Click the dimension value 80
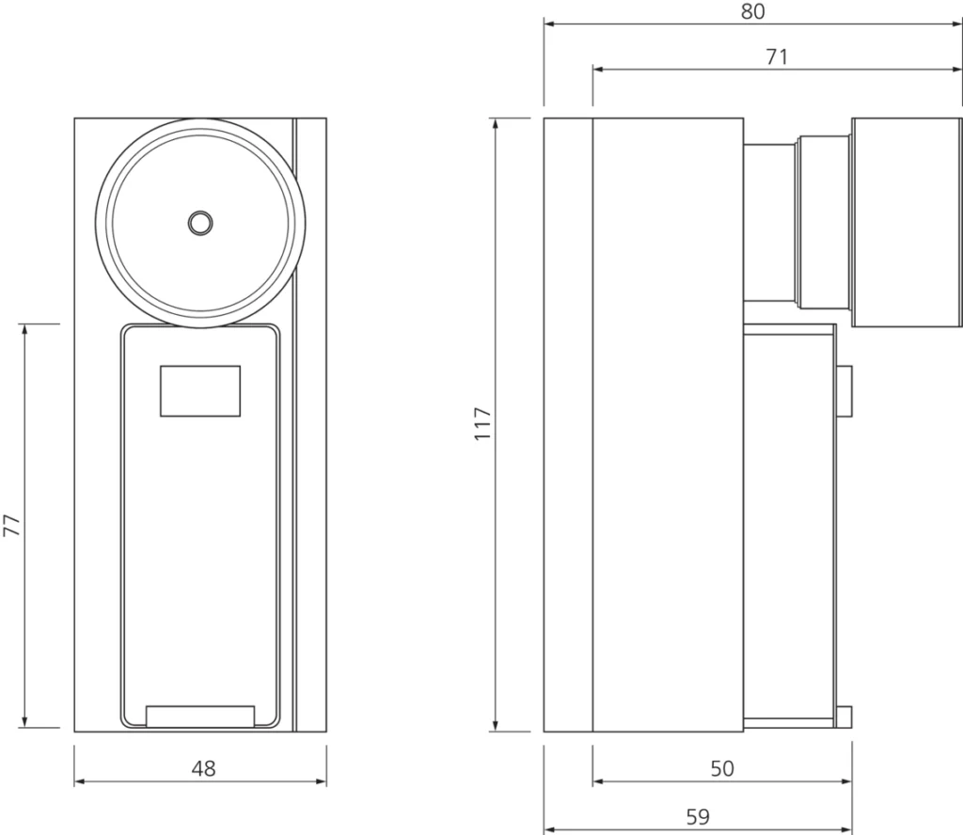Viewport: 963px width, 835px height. [753, 11]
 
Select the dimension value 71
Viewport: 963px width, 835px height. [776, 57]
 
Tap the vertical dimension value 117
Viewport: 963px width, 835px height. [483, 423]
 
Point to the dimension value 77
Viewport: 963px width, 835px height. [12, 526]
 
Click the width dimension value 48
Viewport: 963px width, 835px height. [203, 768]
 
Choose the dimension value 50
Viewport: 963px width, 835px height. [722, 768]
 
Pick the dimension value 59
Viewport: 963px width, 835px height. [698, 817]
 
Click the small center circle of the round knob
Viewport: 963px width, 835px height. [200, 223]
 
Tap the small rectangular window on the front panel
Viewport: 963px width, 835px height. [200, 391]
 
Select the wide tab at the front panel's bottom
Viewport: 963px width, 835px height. [200, 717]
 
